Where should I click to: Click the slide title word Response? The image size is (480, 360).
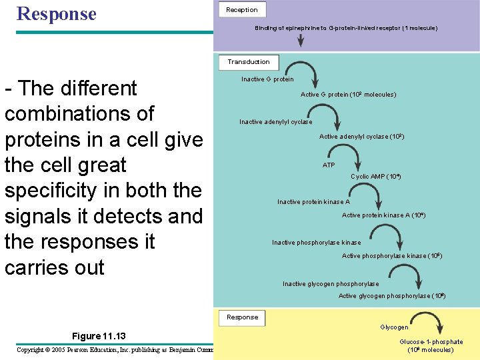pyautogui.click(x=57, y=13)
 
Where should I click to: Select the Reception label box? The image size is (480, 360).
pyautogui.click(x=242, y=9)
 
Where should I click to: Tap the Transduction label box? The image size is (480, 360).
pyautogui.click(x=248, y=61)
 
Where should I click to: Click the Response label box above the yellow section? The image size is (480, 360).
pyautogui.click(x=242, y=317)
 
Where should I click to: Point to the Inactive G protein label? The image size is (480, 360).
pyautogui.click(x=267, y=79)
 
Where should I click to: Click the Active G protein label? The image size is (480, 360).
pyautogui.click(x=348, y=95)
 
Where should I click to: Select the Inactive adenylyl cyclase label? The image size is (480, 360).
pyautogui.click(x=276, y=122)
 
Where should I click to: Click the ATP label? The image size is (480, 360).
pyautogui.click(x=329, y=165)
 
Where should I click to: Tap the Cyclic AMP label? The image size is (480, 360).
pyautogui.click(x=375, y=177)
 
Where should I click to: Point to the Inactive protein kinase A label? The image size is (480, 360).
pyautogui.click(x=313, y=201)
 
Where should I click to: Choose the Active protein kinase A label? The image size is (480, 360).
pyautogui.click(x=383, y=215)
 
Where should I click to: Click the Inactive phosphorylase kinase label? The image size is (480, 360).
pyautogui.click(x=316, y=243)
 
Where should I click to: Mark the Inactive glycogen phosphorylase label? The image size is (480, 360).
pyautogui.click(x=331, y=284)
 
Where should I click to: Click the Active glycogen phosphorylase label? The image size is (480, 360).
pyautogui.click(x=392, y=296)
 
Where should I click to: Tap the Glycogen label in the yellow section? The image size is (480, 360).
pyautogui.click(x=394, y=327)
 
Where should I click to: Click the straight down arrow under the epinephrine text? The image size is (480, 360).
pyautogui.click(x=301, y=39)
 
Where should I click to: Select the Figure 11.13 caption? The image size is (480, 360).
pyautogui.click(x=99, y=335)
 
